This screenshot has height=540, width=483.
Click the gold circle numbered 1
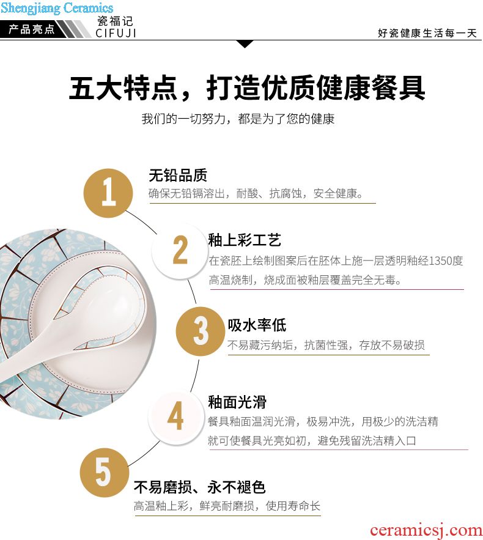[x=108, y=193]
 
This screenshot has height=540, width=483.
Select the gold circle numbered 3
[x=201, y=331]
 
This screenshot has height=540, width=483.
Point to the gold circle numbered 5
[x=105, y=472]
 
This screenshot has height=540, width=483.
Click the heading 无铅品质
[x=178, y=176]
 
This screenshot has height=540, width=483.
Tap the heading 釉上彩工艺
[x=245, y=240]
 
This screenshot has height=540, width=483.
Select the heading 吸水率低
[x=257, y=325]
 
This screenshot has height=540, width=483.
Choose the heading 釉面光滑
[x=237, y=402]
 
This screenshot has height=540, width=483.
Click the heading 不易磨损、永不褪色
[x=200, y=487]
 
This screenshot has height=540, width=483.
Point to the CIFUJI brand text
[x=116, y=33]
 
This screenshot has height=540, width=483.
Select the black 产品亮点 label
[x=32, y=29]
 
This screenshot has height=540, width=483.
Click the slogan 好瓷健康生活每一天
[x=427, y=33]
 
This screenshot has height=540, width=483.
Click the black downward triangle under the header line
[x=245, y=44]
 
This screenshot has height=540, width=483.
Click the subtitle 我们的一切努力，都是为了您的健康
[x=238, y=119]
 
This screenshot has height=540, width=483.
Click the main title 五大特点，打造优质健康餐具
[x=247, y=87]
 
